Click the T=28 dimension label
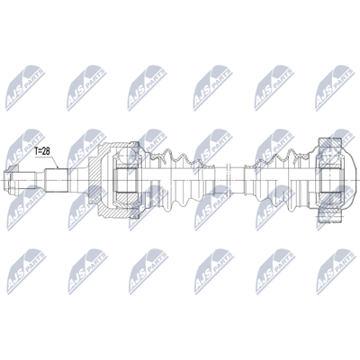pos(42,151)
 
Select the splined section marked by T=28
pos(57,180)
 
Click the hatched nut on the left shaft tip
pos(13,168)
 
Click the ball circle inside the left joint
pos(123,156)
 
